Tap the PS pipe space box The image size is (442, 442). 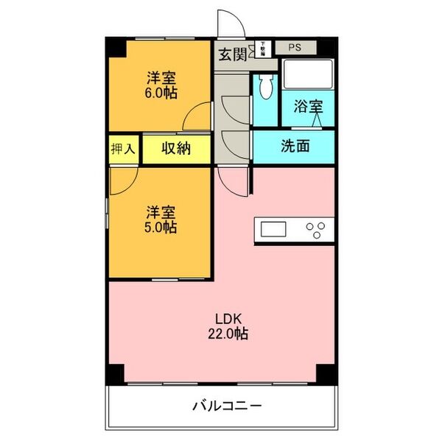point(295,48)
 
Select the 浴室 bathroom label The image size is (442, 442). point(308,106)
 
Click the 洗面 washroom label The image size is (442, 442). point(295,146)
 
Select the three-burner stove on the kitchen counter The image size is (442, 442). point(318,230)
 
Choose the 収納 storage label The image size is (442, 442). point(177,148)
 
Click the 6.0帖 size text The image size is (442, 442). point(161,94)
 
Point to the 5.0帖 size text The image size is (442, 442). point(160,228)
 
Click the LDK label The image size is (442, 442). point(228,318)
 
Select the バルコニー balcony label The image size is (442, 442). point(227,406)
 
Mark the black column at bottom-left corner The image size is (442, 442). point(115,373)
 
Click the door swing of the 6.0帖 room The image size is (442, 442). point(198,117)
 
